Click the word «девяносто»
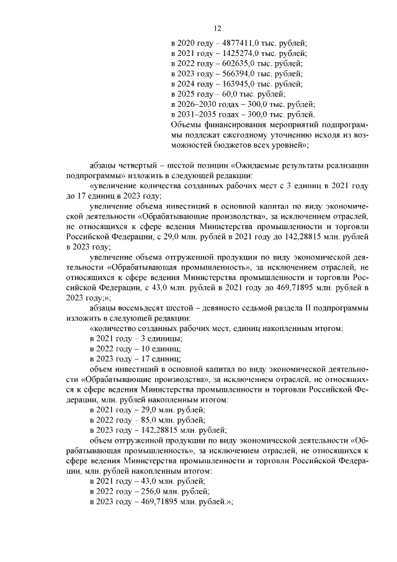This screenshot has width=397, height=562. [244, 307]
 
